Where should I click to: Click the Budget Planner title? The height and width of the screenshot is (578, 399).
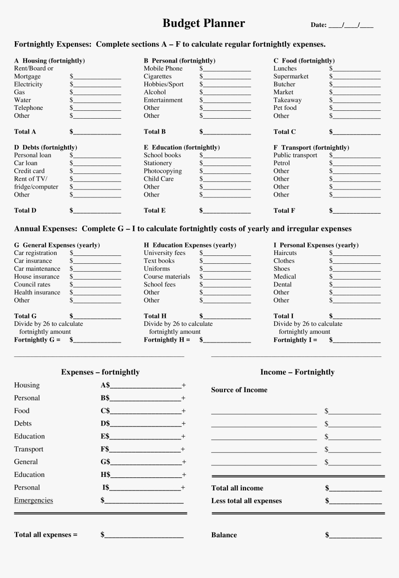[204, 23]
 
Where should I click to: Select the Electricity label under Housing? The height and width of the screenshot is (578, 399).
[28, 84]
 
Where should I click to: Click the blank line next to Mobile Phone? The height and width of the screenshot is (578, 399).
[227, 69]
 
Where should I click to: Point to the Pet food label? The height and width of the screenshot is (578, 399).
[285, 108]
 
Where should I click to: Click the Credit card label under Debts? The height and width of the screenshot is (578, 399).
[29, 171]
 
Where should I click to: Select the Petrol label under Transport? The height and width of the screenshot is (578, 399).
[282, 163]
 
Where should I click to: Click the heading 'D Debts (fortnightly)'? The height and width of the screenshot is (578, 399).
[45, 147]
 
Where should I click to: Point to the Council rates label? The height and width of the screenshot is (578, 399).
[32, 285]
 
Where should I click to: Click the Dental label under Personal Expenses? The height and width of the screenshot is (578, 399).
[283, 285]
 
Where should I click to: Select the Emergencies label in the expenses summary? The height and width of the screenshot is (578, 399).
[33, 501]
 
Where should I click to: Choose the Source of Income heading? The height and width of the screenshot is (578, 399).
[239, 390]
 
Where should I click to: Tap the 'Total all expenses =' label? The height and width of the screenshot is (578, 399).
[46, 535]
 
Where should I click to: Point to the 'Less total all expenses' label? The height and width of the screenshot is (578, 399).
[246, 501]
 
